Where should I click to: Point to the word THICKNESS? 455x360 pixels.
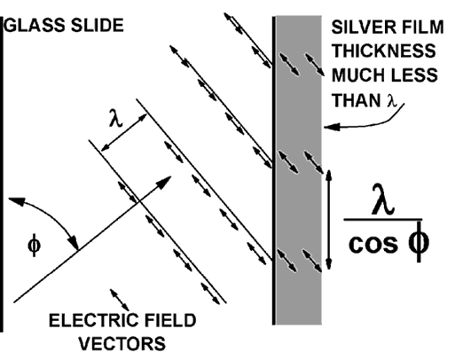[x=383, y=51]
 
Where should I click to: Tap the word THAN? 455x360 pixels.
[x=357, y=100]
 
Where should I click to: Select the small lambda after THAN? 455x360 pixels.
[x=391, y=100]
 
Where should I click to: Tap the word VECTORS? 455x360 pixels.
[x=122, y=343]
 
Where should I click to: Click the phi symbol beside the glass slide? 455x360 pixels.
[x=34, y=246]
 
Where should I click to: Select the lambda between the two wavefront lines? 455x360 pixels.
[x=115, y=118]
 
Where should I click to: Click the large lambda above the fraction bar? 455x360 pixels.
[x=383, y=200]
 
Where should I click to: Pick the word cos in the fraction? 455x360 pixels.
[x=373, y=244]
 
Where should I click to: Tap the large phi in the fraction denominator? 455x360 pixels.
[x=419, y=242]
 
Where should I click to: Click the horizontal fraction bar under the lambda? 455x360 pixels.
[x=383, y=220]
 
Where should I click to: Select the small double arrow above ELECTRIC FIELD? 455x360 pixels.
[x=120, y=300]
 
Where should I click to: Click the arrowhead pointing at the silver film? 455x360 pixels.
[x=332, y=127]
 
